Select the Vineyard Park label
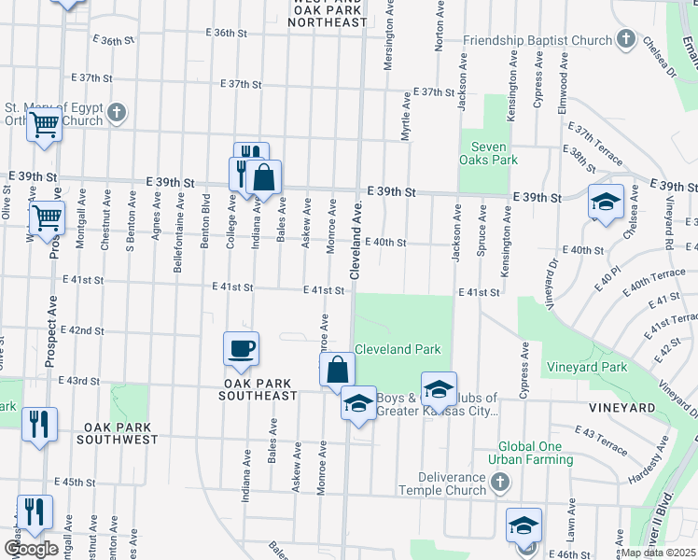point(587,367)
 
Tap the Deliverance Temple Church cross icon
point(500,483)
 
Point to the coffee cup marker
point(241,349)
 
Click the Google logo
point(31,548)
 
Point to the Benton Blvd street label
point(204,220)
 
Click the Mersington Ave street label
point(385,43)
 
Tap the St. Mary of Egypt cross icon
point(116,113)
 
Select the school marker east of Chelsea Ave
point(605,201)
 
